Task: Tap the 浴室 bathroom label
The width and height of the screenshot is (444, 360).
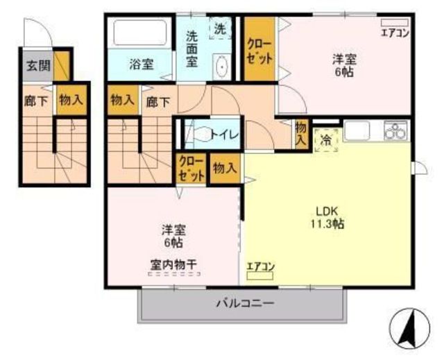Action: pyautogui.click(x=142, y=65)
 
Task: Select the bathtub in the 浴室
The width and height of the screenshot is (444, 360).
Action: pyautogui.click(x=140, y=33)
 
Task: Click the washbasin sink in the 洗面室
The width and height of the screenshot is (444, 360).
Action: pyautogui.click(x=222, y=67)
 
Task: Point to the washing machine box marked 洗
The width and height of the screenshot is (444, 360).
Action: pyautogui.click(x=221, y=28)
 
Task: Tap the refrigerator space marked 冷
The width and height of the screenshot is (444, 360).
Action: pyautogui.click(x=326, y=140)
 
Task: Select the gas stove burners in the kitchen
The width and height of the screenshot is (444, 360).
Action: pyautogui.click(x=395, y=130)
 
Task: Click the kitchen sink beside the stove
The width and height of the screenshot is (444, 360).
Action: pyautogui.click(x=357, y=130)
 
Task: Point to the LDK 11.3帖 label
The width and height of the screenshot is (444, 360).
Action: pyautogui.click(x=327, y=217)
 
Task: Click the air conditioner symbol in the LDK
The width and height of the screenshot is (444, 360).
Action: pyautogui.click(x=260, y=276)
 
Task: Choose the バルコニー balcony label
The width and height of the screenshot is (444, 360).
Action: pyautogui.click(x=246, y=304)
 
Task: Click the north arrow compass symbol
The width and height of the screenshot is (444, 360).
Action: pyautogui.click(x=409, y=329)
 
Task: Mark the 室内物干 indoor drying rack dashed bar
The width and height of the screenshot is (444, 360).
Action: pyautogui.click(x=174, y=274)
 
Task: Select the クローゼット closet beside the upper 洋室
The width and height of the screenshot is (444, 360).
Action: pyautogui.click(x=259, y=49)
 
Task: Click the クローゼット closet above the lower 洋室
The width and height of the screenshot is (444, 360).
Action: pyautogui.click(x=191, y=169)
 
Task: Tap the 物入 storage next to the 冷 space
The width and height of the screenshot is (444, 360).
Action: pyautogui.click(x=300, y=134)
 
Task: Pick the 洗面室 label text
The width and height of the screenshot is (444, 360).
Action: pyautogui.click(x=191, y=49)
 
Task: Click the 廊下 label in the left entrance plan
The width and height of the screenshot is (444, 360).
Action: pyautogui.click(x=36, y=101)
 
